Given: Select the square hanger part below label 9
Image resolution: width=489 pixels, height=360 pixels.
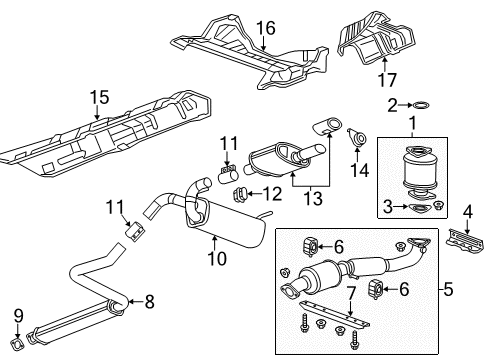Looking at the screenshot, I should [17, 346].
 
